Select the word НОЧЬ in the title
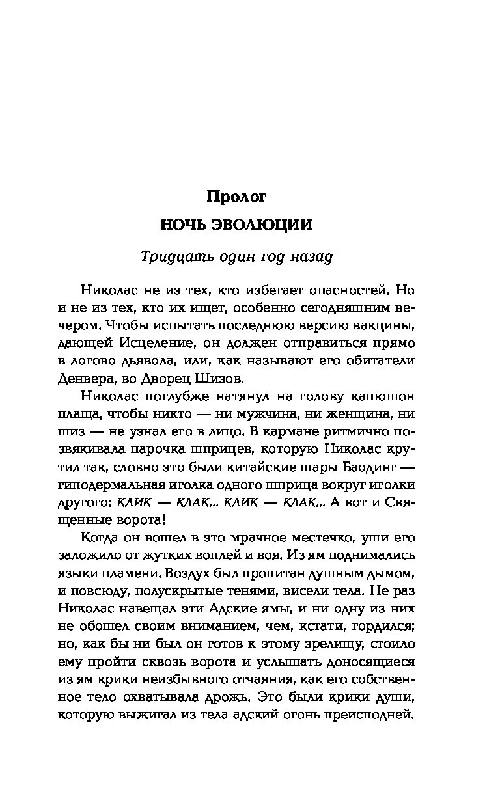click(184, 225)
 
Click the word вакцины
click(385, 324)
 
